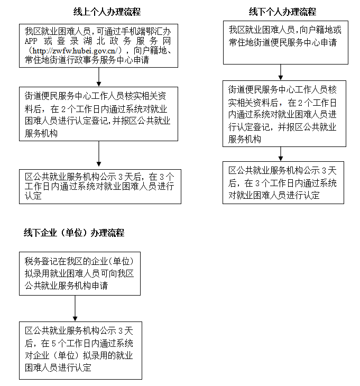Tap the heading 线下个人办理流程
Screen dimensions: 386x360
pyautogui.click(x=282, y=12)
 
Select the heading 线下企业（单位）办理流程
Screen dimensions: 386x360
pyautogui.click(x=73, y=233)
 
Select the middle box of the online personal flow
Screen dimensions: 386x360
pyautogui.click(x=99, y=114)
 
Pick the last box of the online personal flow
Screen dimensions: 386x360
pyautogui.click(x=99, y=186)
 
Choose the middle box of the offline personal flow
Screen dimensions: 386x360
pyautogui.click(x=285, y=114)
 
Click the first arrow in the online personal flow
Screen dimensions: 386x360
pyautogui.click(x=99, y=78)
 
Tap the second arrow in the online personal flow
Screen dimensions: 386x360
pyautogui.click(x=99, y=154)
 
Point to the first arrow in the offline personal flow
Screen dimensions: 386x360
pyautogui.click(x=280, y=71)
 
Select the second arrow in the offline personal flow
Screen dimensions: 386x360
pyautogui.click(x=280, y=153)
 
